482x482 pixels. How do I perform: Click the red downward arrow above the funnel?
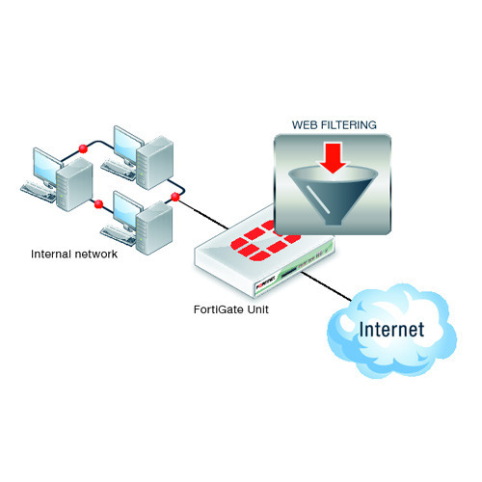coord(334,158)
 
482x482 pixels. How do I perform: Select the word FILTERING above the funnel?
coord(349,125)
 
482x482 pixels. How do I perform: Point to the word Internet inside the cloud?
coord(391,330)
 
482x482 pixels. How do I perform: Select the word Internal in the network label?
coord(51,254)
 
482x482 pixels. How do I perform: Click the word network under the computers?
coord(95,254)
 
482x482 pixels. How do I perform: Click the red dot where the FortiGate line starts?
coord(175,197)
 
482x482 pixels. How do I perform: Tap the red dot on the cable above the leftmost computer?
coord(83,148)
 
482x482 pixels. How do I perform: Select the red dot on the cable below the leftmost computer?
coord(98,204)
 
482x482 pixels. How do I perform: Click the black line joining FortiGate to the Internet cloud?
coord(326,286)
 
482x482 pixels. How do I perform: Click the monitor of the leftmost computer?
coord(47,167)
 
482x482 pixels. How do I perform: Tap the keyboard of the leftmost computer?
coord(39,192)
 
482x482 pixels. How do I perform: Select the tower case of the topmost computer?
coord(155,162)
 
